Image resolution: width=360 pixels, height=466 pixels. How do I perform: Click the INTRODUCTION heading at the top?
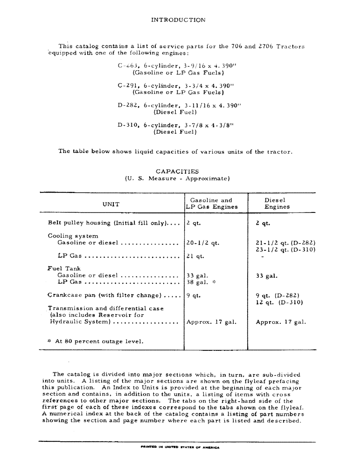(178, 20)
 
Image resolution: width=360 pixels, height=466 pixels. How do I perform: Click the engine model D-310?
(127, 125)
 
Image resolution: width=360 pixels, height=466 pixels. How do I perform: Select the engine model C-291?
(127, 86)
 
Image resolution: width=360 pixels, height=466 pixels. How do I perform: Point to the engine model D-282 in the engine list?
(127, 105)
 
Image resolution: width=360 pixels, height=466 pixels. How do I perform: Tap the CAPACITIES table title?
(177, 171)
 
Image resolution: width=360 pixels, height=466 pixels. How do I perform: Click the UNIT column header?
(111, 204)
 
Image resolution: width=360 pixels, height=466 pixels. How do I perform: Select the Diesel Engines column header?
(277, 204)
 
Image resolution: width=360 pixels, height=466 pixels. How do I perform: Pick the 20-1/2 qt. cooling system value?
(203, 243)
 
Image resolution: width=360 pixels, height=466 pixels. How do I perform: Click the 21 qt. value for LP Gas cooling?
(195, 256)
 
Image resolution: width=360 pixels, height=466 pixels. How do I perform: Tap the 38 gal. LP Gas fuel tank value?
(197, 282)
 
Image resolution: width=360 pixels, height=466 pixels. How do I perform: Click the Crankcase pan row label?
(104, 295)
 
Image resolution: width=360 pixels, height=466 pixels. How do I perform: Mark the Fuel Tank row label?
(64, 269)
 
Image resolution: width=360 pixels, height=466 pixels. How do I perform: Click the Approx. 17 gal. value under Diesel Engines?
(281, 322)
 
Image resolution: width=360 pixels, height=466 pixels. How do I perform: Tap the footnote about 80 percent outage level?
(96, 341)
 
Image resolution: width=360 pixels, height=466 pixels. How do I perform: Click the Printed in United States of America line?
(180, 447)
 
